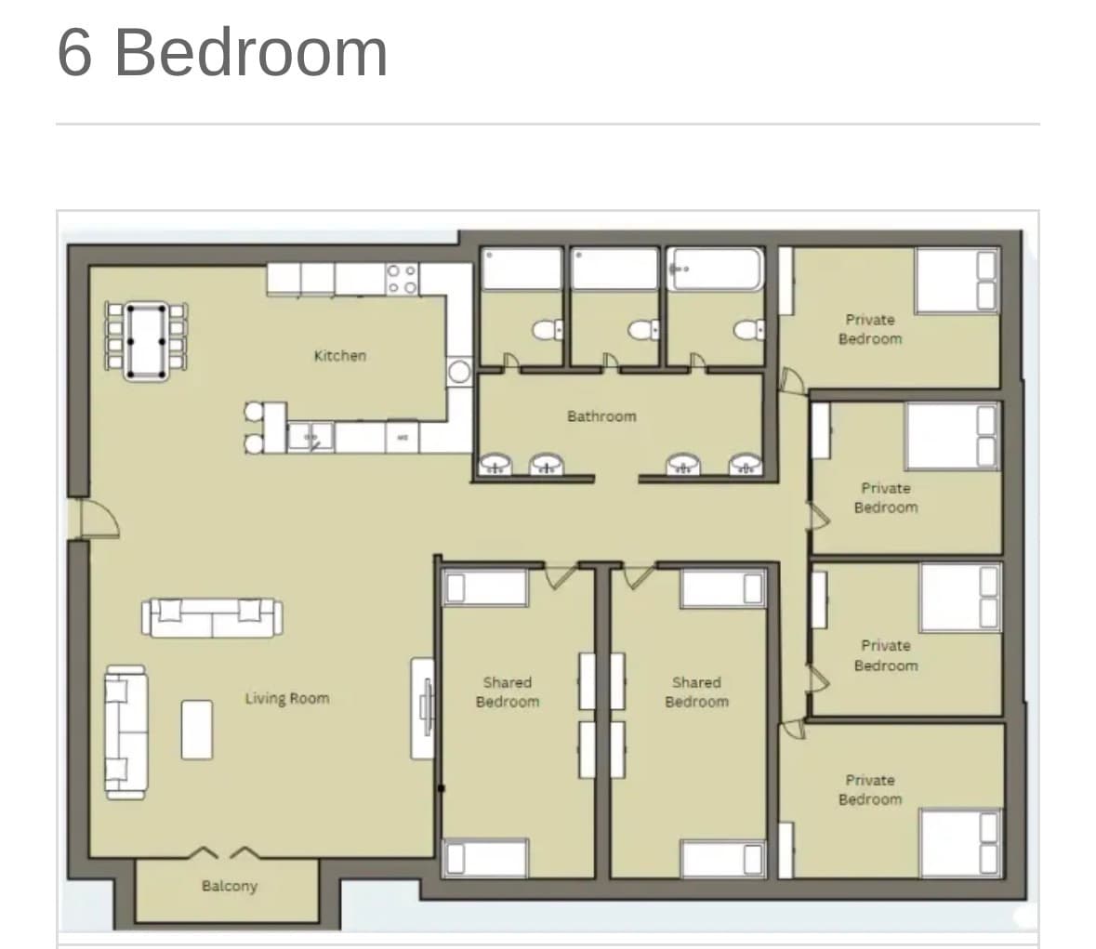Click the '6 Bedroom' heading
coord(222,53)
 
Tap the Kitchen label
coord(340,356)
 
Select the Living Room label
coord(287,698)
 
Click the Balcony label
coord(230,886)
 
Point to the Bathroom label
coord(601,416)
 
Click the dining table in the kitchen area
coord(146,341)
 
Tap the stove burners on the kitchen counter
coord(402,279)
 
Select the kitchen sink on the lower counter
coord(310,438)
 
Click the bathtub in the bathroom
coord(715,269)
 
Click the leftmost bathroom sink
coord(495,464)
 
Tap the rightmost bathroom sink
coord(746,464)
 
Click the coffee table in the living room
coord(197,731)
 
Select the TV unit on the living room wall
coord(423,708)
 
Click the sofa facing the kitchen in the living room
coord(213,618)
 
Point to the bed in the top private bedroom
coord(957,281)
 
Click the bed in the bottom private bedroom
coord(960,843)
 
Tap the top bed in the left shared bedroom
coord(486,587)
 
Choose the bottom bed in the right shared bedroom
coord(723,859)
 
